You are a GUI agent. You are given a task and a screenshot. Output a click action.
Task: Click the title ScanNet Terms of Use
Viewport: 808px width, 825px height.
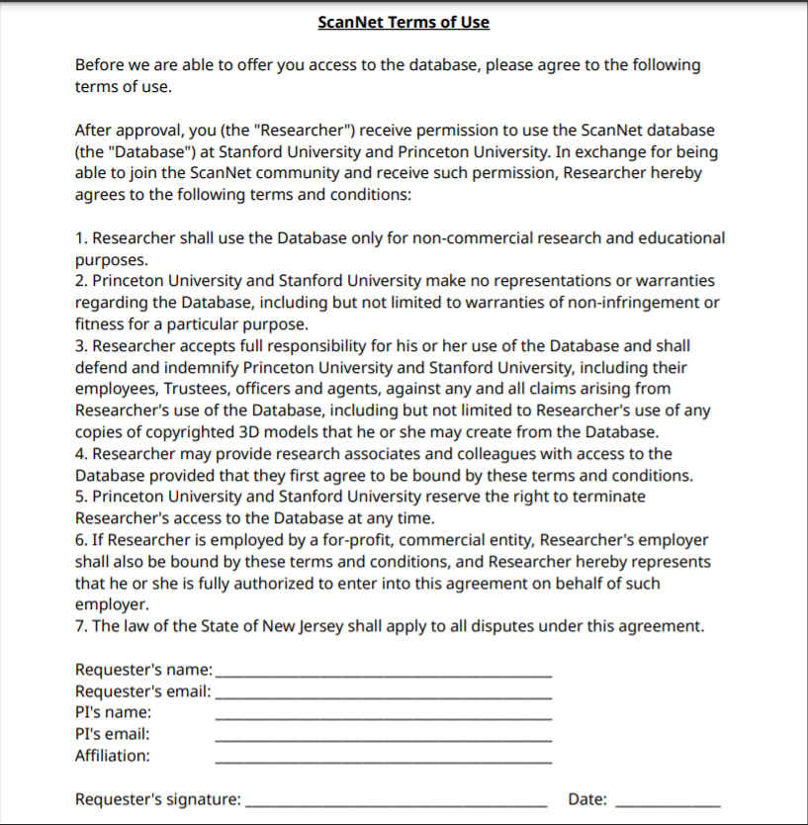click(x=404, y=22)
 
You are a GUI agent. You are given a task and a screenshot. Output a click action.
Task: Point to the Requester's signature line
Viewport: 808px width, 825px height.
click(x=396, y=804)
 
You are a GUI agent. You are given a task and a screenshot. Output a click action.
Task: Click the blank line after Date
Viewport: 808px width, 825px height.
click(x=668, y=804)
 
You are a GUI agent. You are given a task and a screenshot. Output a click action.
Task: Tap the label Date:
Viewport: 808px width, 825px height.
click(x=587, y=799)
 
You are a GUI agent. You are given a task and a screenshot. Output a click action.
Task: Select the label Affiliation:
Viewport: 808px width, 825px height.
click(x=113, y=756)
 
